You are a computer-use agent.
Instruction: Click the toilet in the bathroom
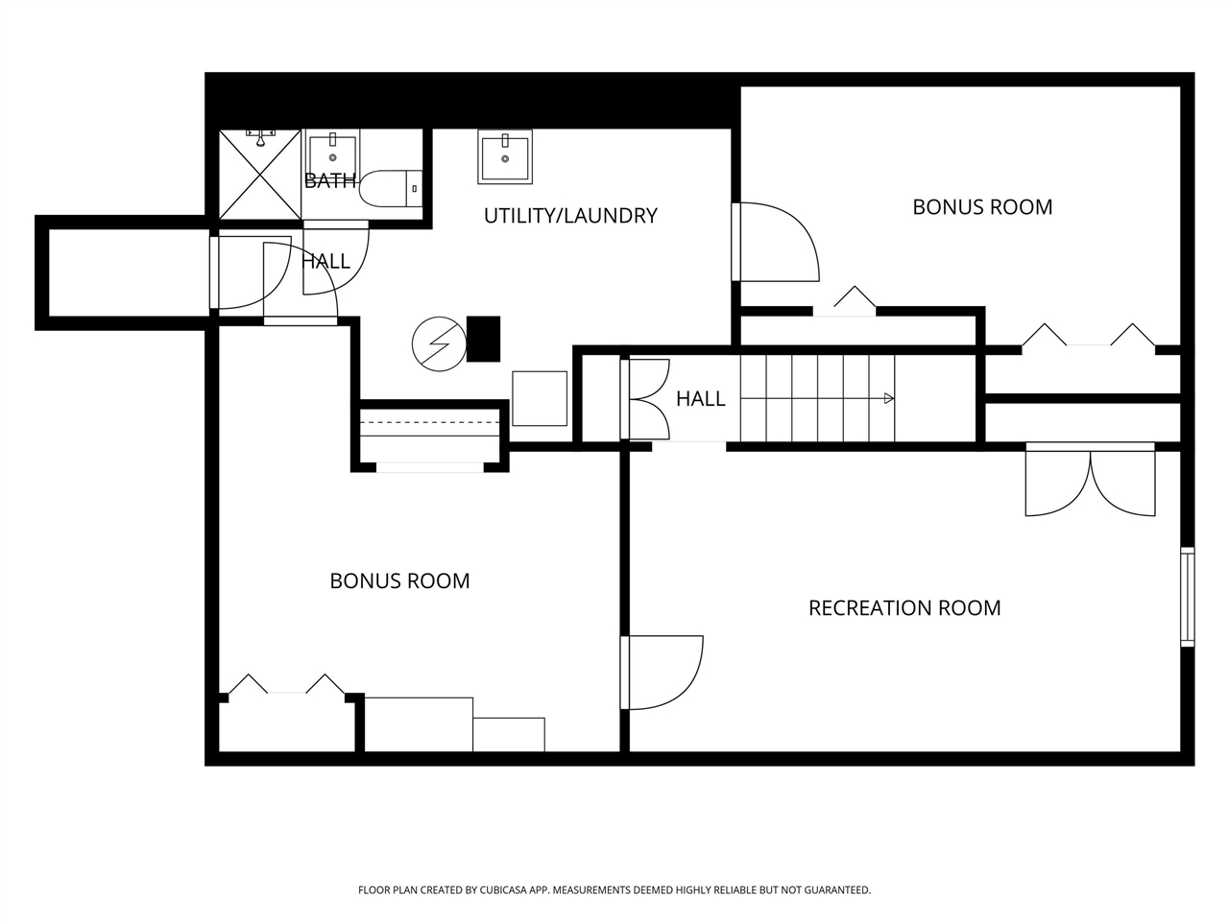(x=391, y=188)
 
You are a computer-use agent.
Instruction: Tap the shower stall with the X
(x=260, y=175)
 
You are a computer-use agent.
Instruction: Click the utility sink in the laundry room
(x=504, y=156)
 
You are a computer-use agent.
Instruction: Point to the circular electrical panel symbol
(x=439, y=343)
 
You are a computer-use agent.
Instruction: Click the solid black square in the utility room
(x=483, y=339)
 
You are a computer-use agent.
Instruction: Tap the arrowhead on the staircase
(x=888, y=398)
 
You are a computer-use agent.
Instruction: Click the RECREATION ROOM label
(x=904, y=608)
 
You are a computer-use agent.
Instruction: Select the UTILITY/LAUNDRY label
(x=570, y=216)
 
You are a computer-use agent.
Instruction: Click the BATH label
(x=329, y=180)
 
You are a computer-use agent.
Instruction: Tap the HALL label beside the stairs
(x=701, y=399)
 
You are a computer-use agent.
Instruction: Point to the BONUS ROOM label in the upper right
(x=982, y=207)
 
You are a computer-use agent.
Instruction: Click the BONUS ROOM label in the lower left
(x=399, y=581)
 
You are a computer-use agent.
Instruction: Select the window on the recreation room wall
(x=1187, y=597)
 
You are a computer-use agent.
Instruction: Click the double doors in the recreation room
(x=1090, y=479)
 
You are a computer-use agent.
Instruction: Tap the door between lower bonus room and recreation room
(x=662, y=673)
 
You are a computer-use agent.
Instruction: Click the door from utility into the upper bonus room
(x=776, y=242)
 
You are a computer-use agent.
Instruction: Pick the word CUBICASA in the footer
(x=503, y=889)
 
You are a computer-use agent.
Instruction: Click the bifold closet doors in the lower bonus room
(x=286, y=684)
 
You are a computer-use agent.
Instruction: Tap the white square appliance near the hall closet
(x=540, y=398)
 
